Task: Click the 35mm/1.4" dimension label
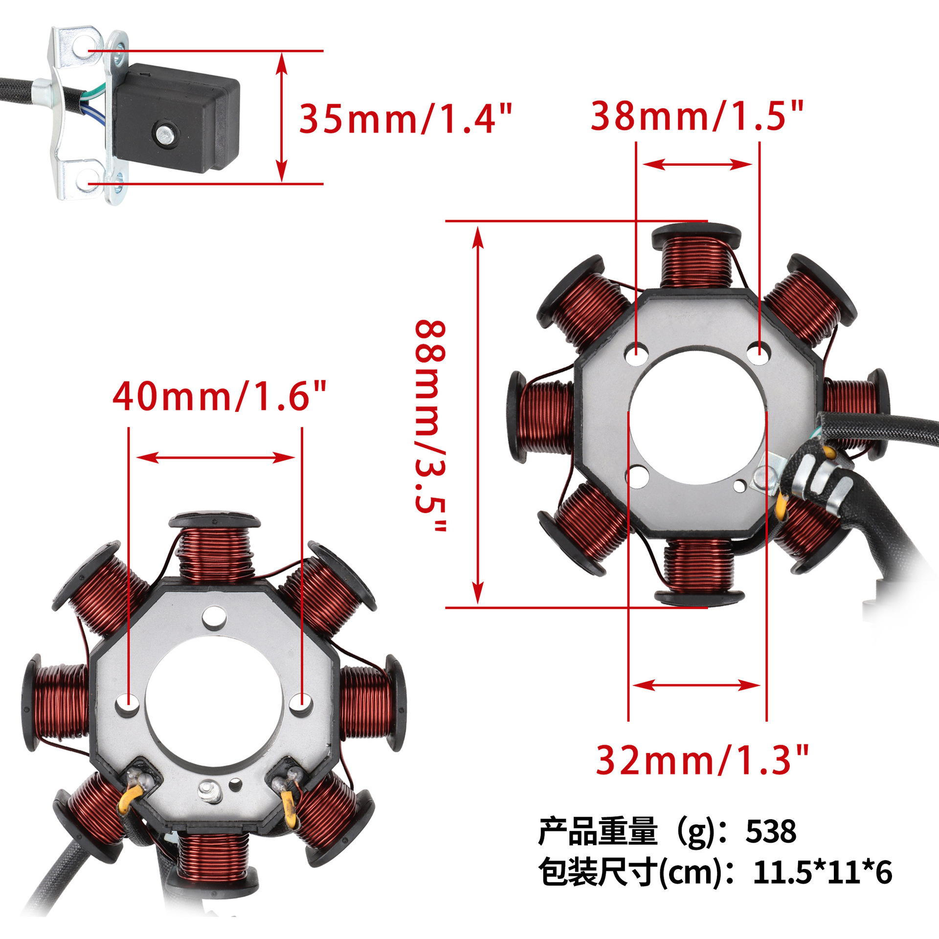click(405, 118)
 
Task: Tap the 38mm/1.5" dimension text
click(697, 116)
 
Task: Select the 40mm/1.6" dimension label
click(220, 396)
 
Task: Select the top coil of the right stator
click(696, 256)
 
